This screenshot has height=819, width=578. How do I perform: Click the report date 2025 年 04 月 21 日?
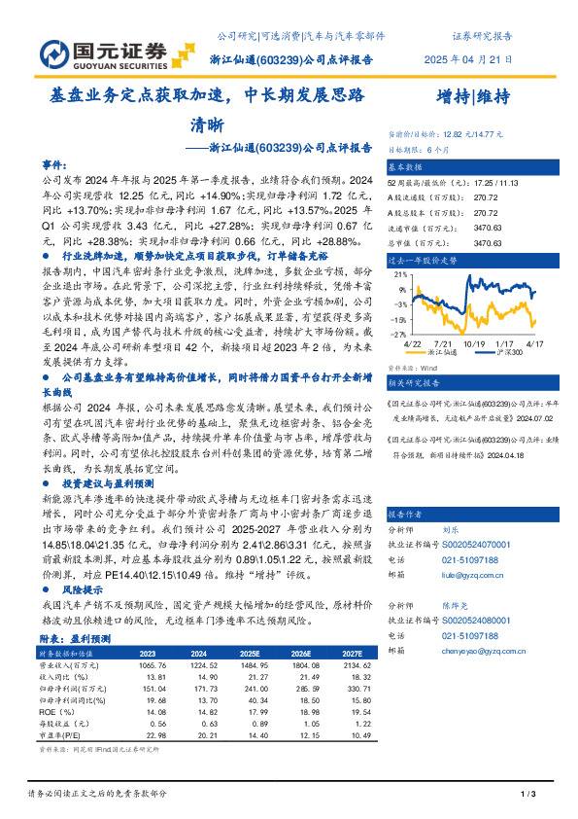[x=467, y=60]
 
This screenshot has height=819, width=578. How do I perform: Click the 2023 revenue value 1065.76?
[x=142, y=664]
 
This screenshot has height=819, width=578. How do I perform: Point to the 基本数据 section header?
[x=410, y=167]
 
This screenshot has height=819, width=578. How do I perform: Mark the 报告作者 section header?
[x=410, y=513]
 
